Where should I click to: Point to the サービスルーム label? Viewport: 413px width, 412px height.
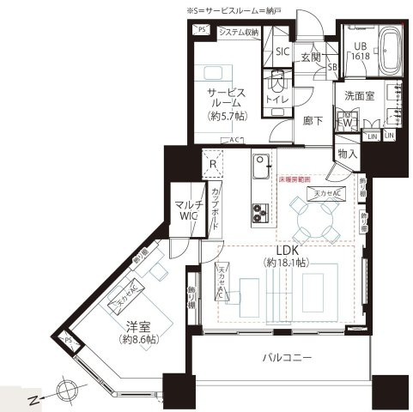226,97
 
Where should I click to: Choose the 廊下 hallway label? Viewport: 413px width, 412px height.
313,122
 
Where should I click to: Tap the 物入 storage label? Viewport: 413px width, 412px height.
348,154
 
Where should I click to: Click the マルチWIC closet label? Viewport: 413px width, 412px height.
187,211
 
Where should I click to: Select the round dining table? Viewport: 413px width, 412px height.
315,220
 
